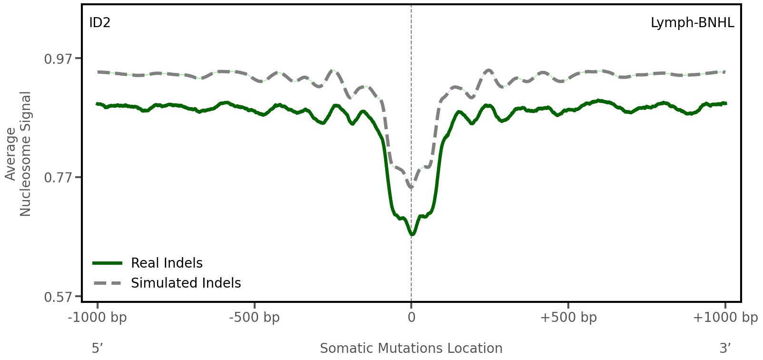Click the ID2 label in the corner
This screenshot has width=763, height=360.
pyautogui.click(x=100, y=23)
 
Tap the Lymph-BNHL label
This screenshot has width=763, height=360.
pyautogui.click(x=692, y=23)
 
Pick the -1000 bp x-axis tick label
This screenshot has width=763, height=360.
pyautogui.click(x=98, y=318)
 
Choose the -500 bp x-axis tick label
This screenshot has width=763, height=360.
pyautogui.click(x=254, y=318)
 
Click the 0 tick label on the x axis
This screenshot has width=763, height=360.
pyautogui.click(x=411, y=318)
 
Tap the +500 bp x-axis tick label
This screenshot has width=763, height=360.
pyautogui.click(x=568, y=318)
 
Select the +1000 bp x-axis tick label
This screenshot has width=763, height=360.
pyautogui.click(x=725, y=318)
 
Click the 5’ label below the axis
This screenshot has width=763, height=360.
pyautogui.click(x=98, y=349)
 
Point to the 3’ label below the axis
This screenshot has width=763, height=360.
pyautogui.click(x=725, y=349)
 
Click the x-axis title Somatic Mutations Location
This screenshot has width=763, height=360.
pyautogui.click(x=411, y=349)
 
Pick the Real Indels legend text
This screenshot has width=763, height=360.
pyautogui.click(x=167, y=263)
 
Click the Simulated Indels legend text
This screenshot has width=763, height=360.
pyautogui.click(x=186, y=283)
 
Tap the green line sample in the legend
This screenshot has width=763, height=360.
pyautogui.click(x=108, y=263)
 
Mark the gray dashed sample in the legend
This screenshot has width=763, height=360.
pyautogui.click(x=108, y=283)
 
